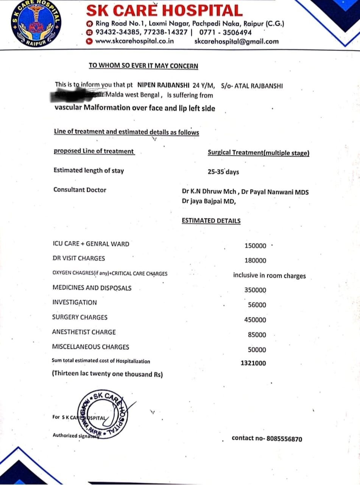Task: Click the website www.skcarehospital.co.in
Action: point(134,41)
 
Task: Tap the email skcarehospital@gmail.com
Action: point(236,42)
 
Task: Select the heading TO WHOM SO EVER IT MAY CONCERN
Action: point(143,66)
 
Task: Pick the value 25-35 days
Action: point(223,172)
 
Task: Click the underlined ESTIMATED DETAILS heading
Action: point(211,221)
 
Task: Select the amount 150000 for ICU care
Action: point(256,246)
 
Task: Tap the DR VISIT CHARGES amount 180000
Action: point(255,261)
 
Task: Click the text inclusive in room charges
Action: point(269,275)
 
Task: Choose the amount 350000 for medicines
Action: point(255,290)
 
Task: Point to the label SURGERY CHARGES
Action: point(80,317)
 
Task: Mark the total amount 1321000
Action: point(253,363)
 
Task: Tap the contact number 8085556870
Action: point(284,439)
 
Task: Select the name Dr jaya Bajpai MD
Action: point(209,202)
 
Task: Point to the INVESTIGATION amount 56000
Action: point(257,305)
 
